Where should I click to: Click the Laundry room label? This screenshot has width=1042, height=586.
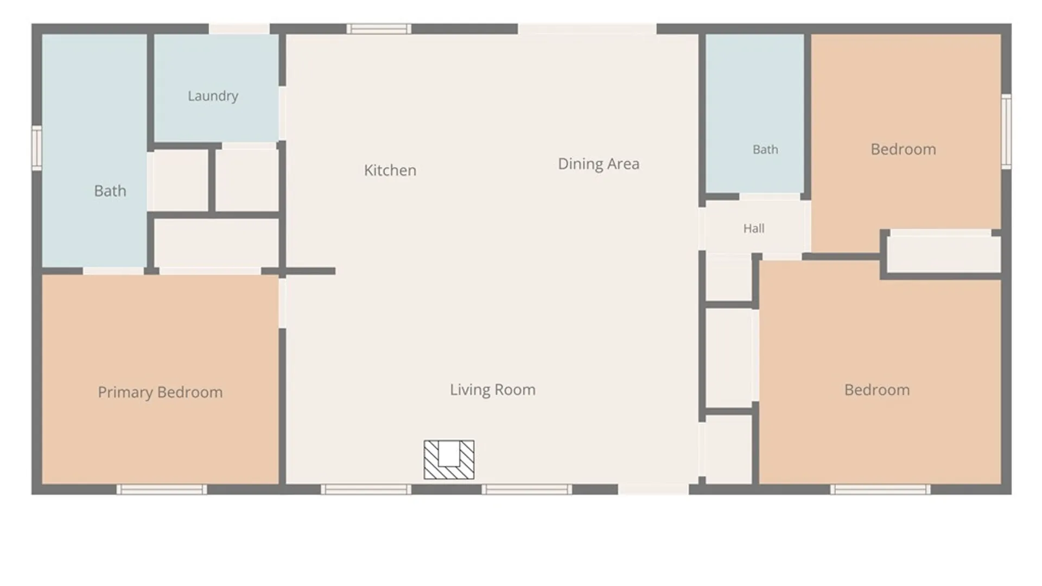[213, 96]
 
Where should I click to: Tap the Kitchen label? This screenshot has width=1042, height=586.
[390, 170]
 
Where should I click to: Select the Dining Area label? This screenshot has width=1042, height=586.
[599, 164]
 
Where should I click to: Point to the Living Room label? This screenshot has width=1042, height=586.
[493, 390]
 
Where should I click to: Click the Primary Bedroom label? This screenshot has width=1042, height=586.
[160, 392]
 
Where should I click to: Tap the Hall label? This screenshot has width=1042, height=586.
[754, 228]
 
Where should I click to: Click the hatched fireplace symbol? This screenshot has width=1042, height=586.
[449, 460]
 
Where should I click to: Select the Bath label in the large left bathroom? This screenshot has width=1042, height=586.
[110, 191]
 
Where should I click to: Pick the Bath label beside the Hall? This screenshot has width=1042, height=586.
[765, 149]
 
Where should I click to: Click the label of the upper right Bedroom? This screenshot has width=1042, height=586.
[903, 149]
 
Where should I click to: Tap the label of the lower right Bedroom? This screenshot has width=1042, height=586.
[877, 390]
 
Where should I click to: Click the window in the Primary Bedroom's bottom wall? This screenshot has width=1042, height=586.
[162, 489]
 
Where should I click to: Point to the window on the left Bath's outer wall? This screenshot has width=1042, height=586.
[36, 148]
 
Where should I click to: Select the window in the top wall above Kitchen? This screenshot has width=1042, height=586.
[379, 29]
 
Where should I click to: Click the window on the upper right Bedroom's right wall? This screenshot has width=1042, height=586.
[1006, 131]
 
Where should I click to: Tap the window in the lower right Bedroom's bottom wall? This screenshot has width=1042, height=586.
[880, 489]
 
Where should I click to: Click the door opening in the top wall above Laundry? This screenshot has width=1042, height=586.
[239, 29]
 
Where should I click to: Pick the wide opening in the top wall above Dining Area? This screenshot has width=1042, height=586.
[587, 29]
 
